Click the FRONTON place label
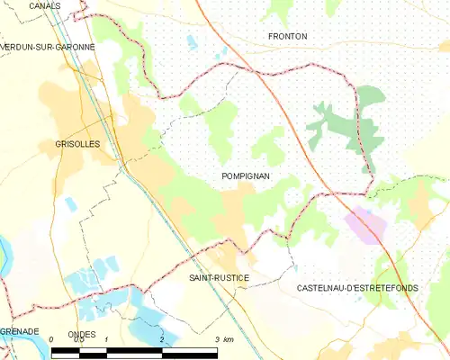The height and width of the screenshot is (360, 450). click(x=288, y=36)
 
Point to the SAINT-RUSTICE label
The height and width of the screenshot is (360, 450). click(x=219, y=278)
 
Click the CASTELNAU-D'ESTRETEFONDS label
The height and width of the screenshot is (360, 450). click(x=356, y=288)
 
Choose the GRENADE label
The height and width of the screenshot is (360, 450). click(x=19, y=331)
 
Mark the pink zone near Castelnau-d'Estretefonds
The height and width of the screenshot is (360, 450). click(x=368, y=224)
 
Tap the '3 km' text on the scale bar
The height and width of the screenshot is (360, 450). click(x=224, y=339)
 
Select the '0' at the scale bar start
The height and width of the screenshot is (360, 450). click(x=52, y=339)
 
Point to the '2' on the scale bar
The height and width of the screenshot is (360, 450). click(x=161, y=339)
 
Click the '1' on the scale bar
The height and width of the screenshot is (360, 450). click(x=106, y=339)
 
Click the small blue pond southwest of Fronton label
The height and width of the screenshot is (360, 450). click(x=192, y=41)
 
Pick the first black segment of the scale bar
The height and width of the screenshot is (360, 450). click(x=65, y=348)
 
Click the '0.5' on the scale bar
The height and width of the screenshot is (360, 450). click(x=78, y=339)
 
